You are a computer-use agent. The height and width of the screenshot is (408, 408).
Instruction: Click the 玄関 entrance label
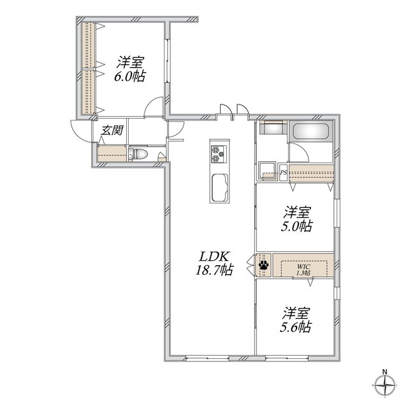tap(112, 130)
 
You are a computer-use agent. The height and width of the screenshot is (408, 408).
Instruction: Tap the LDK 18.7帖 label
tap(214, 263)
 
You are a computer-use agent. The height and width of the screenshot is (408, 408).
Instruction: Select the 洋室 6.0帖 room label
tap(130, 69)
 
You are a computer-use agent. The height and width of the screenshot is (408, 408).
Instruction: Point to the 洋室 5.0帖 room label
tap(296, 219)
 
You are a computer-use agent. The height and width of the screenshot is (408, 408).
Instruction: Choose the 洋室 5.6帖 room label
tap(296, 320)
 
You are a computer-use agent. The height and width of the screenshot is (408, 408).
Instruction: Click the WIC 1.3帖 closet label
tap(303, 270)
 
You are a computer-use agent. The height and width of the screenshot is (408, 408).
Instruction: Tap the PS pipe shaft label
tap(283, 172)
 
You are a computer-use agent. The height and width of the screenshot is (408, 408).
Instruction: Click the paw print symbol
tap(264, 265)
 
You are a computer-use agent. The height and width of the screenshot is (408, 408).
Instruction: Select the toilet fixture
tap(138, 154)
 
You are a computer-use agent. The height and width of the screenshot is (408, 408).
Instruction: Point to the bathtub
tap(310, 131)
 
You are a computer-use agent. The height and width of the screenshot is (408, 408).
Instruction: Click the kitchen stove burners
tap(219, 154)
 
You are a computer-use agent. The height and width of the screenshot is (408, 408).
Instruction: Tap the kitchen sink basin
tap(219, 187)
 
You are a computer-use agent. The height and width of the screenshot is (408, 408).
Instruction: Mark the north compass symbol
tap(385, 385)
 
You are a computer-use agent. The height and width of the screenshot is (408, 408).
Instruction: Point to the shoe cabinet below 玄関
tap(112, 154)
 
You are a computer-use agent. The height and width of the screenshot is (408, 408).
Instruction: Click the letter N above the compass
tap(385, 371)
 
